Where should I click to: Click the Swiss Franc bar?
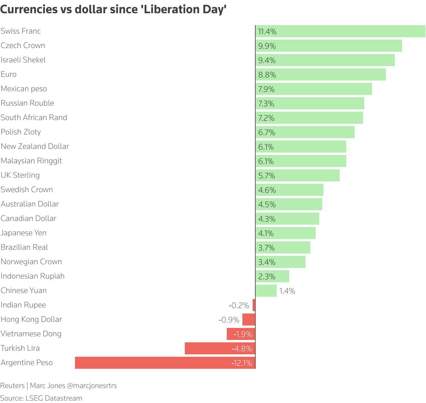coord(340,31)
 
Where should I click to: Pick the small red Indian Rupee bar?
coord(254,305)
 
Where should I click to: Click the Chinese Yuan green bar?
coord(266,291)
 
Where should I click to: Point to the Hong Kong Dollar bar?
coord(249,320)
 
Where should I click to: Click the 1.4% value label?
coord(287,291)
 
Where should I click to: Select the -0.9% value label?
coord(229,320)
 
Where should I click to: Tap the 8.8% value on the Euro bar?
coord(267,75)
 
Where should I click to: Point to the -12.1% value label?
coord(241,363)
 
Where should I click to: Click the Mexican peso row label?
coord(24,89)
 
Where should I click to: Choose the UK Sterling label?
coord(20,175)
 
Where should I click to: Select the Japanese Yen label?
coord(23,233)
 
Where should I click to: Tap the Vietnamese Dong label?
coord(31,334)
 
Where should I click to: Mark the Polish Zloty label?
coord(21,132)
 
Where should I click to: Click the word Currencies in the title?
coord(29,10)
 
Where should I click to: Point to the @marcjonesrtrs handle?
coord(92,386)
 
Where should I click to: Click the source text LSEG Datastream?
coord(54,398)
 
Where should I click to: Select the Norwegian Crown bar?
coord(280,262)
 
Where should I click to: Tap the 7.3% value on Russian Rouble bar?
coord(266,104)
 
